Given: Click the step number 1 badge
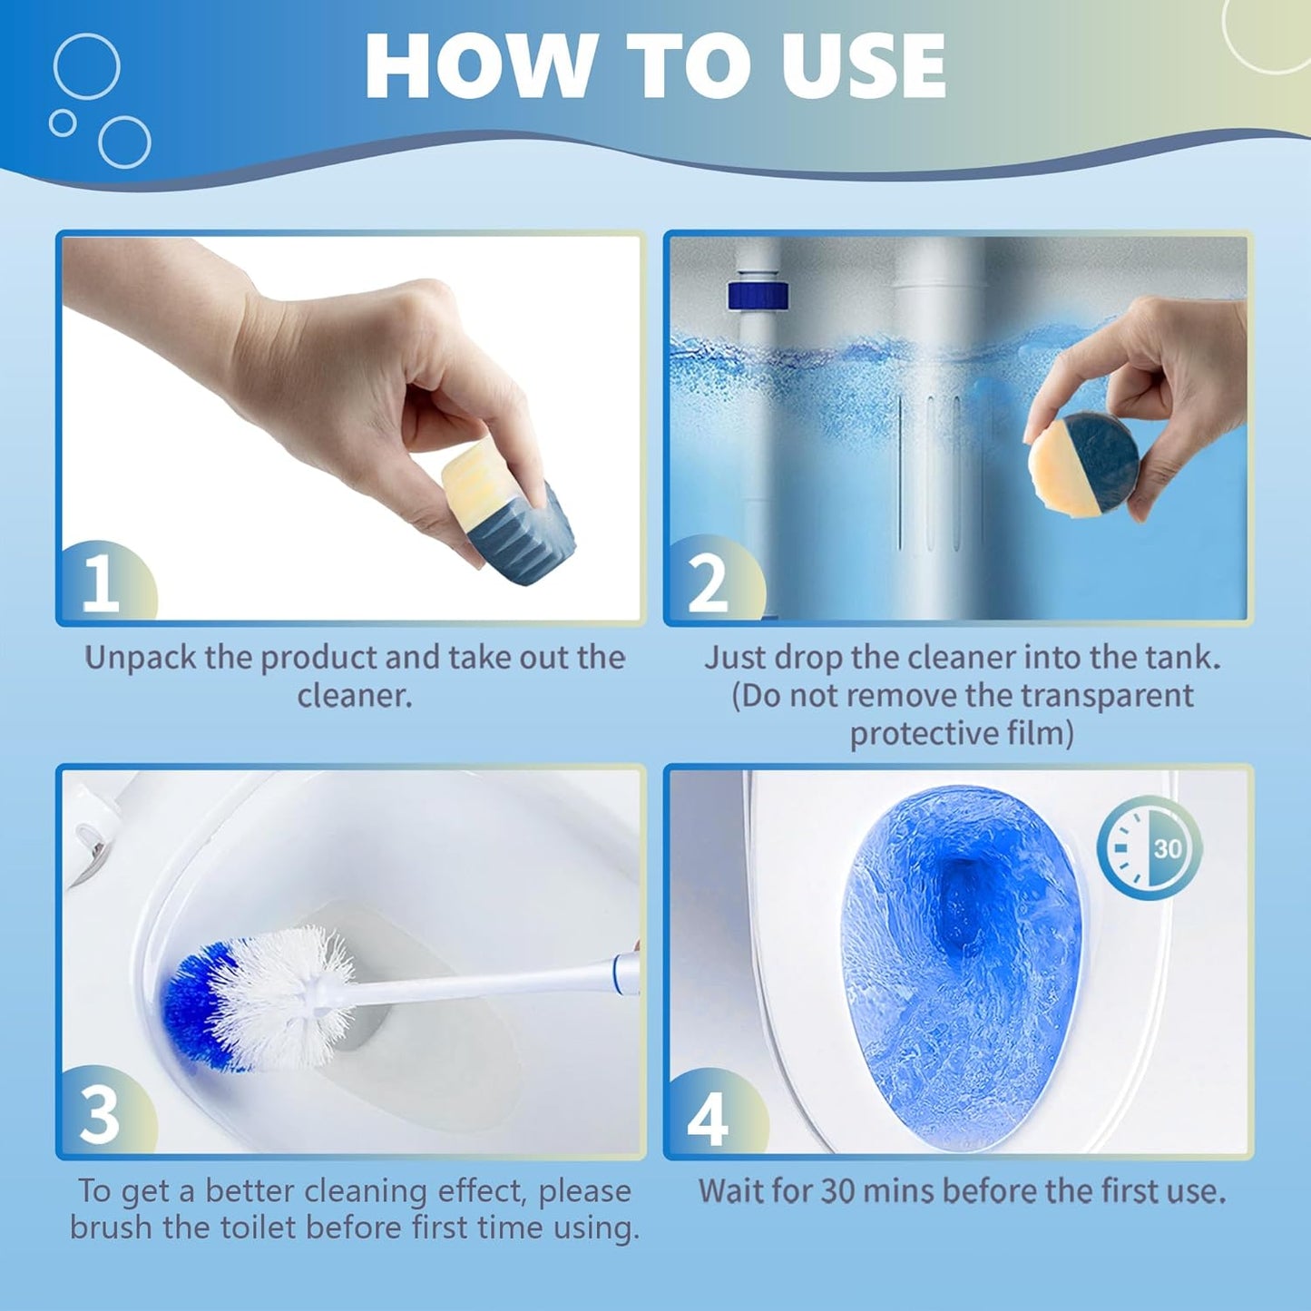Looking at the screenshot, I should coord(102,582).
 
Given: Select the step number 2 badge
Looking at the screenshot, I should coord(709,582).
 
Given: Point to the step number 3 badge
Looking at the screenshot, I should coord(100,1114).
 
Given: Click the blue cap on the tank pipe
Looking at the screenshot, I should coord(758,296).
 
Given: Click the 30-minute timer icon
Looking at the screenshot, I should coord(1149,848).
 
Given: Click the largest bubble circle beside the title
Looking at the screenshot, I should coord(86,66).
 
